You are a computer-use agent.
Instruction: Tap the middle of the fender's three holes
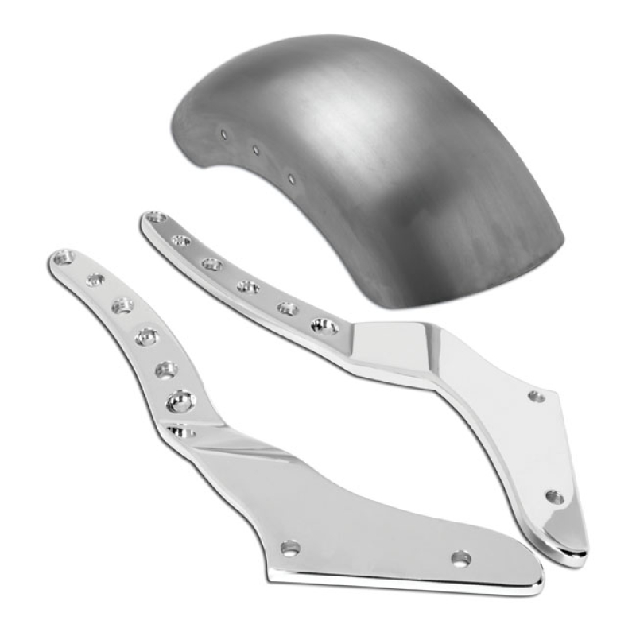coord(256,149)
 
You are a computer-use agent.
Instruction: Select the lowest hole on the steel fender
coord(291,178)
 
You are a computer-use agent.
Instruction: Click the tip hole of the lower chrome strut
coord(63,256)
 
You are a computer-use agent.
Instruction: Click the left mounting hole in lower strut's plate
coord(290,547)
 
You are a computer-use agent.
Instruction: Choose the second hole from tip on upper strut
coord(181,239)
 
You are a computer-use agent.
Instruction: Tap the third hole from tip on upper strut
coord(211,263)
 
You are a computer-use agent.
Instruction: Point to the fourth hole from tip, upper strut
coord(248,286)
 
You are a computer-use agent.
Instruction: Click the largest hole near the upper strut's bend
coord(325,325)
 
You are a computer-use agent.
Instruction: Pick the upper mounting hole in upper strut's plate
coord(537,395)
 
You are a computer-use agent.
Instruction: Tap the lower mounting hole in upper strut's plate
coord(554,497)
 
